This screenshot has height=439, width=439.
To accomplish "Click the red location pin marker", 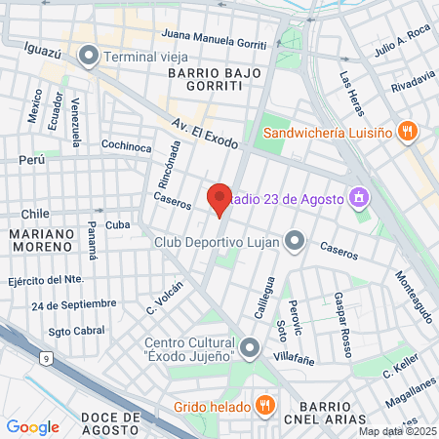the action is point(219,199).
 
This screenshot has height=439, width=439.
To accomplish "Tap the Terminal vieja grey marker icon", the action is point(90,56).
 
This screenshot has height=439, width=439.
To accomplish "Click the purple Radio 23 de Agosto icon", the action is point(359,198).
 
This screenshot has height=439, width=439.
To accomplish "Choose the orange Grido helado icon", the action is point(263,405).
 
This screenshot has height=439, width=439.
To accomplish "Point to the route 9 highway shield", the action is point(45,360).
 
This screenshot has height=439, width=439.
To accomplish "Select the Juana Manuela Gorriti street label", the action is point(217,40).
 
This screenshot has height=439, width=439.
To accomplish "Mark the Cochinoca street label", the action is point(127,146).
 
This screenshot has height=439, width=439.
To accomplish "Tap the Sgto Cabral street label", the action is point(76,331).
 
